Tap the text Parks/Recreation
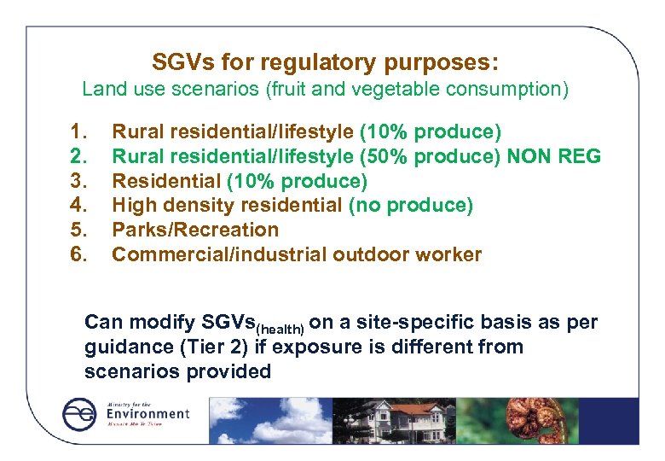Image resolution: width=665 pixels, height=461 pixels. [x=195, y=230]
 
